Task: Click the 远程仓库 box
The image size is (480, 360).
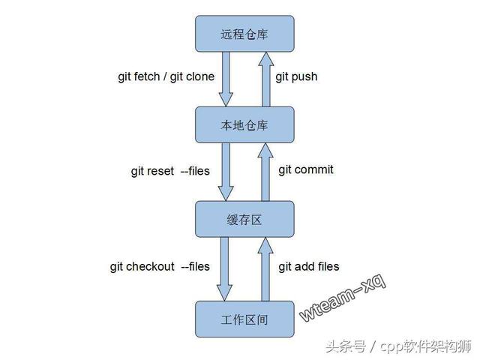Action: pyautogui.click(x=244, y=34)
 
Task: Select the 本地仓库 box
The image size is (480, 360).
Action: pyautogui.click(x=244, y=125)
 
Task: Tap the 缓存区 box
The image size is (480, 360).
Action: pyautogui.click(x=244, y=219)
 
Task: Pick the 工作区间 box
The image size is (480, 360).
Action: pyautogui.click(x=244, y=319)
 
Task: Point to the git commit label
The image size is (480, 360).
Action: pyautogui.click(x=306, y=169)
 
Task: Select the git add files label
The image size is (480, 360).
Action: pyautogui.click(x=309, y=266)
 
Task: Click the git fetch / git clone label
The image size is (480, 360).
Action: pyautogui.click(x=166, y=76)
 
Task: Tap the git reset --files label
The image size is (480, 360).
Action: pyautogui.click(x=170, y=171)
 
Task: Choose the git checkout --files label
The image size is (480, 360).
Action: pyautogui.click(x=160, y=266)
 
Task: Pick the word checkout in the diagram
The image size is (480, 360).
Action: pyautogui.click(x=150, y=266)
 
